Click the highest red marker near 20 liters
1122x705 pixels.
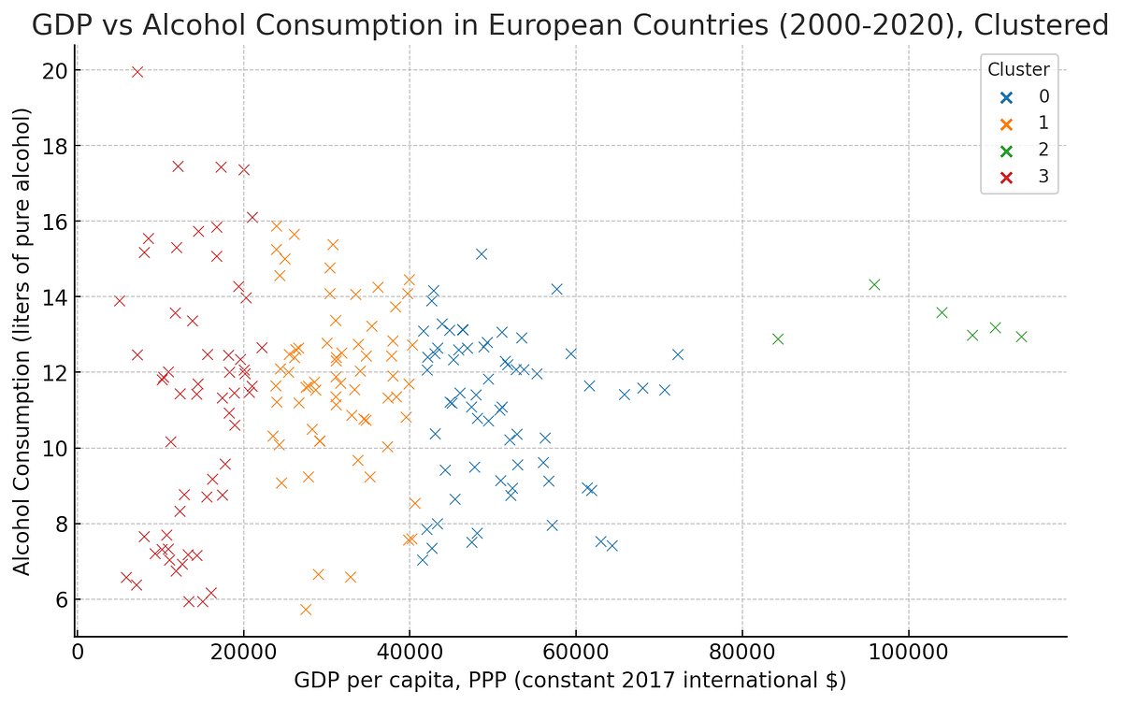click(x=137, y=72)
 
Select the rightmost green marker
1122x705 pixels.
click(x=1021, y=337)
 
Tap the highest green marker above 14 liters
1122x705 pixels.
click(x=874, y=284)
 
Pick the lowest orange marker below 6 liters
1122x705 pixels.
click(x=306, y=610)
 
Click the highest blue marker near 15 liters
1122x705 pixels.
click(x=482, y=253)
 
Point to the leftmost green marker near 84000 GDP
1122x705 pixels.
click(x=778, y=338)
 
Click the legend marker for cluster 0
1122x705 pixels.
click(x=1006, y=96)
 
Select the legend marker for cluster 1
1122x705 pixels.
click(x=1006, y=123)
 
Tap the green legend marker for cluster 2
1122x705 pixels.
click(x=1006, y=150)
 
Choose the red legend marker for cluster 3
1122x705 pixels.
click(x=1006, y=177)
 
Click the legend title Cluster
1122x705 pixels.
click(x=1019, y=69)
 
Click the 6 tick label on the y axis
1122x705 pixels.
click(x=59, y=599)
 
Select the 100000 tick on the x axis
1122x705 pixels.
click(x=908, y=651)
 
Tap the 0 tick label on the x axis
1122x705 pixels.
click(x=78, y=651)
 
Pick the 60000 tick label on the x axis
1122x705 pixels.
click(x=576, y=651)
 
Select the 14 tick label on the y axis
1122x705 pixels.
click(x=53, y=297)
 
